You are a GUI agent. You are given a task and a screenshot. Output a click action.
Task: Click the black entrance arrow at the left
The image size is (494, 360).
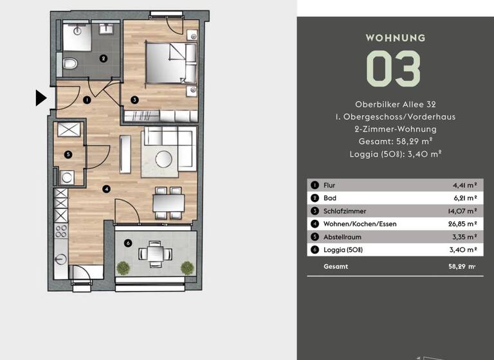(41, 98)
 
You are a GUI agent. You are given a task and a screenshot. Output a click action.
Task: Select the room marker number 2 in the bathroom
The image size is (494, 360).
(102, 59)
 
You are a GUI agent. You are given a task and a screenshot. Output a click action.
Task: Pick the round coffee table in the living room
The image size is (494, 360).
(164, 157)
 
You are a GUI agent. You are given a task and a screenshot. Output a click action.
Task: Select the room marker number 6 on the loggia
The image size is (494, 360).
(129, 243)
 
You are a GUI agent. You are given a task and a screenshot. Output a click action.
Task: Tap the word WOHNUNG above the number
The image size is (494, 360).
(395, 38)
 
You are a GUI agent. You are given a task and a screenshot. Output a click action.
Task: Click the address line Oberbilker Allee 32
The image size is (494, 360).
(395, 104)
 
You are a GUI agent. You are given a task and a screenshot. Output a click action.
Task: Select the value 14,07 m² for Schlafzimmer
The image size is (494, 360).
(464, 211)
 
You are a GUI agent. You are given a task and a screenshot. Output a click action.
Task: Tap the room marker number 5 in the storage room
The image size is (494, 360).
(68, 154)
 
